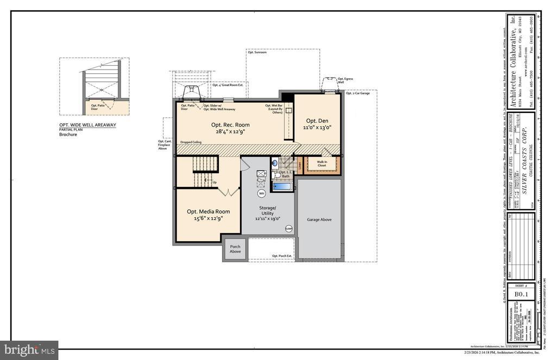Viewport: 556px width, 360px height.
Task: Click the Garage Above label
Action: [x=319, y=219]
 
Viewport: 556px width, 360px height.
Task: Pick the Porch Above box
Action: [x=235, y=249]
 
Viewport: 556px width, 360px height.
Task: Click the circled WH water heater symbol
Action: [x=261, y=193]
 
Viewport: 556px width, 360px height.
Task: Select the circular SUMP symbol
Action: [x=289, y=229]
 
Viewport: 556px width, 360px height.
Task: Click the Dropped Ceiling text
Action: [x=191, y=142]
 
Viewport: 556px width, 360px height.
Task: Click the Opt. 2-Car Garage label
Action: [x=358, y=93]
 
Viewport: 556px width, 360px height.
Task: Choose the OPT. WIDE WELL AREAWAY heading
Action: [x=87, y=125]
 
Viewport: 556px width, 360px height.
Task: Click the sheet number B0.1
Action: [x=521, y=294]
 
